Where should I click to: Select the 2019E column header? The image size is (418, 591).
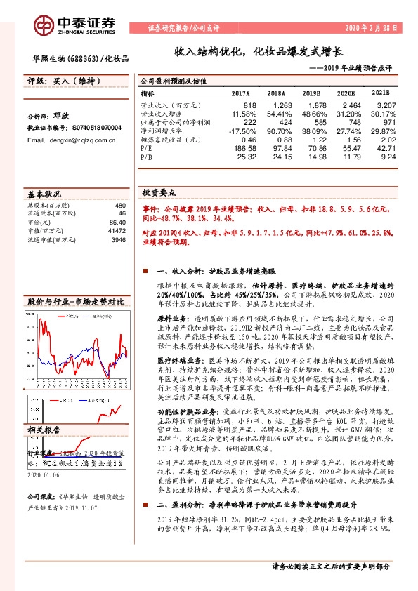click(x=311, y=93)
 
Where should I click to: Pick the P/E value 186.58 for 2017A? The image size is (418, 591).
click(x=241, y=150)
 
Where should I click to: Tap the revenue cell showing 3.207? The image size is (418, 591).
click(x=385, y=103)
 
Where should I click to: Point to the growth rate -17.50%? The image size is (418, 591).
click(x=238, y=131)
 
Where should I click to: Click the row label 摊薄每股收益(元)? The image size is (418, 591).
click(x=171, y=140)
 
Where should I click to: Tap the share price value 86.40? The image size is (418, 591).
click(x=116, y=221)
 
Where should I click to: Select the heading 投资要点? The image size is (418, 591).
click(x=159, y=192)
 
